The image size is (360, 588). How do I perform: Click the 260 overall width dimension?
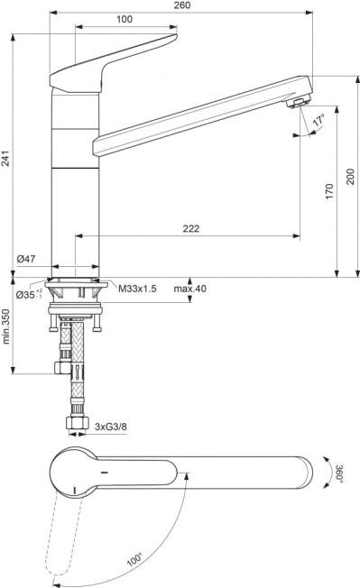pyautogui.click(x=182, y=5)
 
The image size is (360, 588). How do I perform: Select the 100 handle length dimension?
pyautogui.click(x=125, y=19)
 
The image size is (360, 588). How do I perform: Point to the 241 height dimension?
pyautogui.click(x=5, y=158)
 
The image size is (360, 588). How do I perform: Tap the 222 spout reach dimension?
pyautogui.click(x=191, y=228)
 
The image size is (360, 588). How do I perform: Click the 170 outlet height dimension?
pyautogui.click(x=329, y=191)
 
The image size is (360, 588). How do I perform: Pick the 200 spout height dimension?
pyautogui.click(x=350, y=177)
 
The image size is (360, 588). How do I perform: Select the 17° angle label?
pyautogui.click(x=318, y=120)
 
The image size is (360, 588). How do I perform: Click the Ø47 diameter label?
pyautogui.click(x=26, y=258)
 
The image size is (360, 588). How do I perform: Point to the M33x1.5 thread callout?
pyautogui.click(x=137, y=289)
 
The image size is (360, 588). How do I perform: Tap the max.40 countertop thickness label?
pyautogui.click(x=189, y=289)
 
